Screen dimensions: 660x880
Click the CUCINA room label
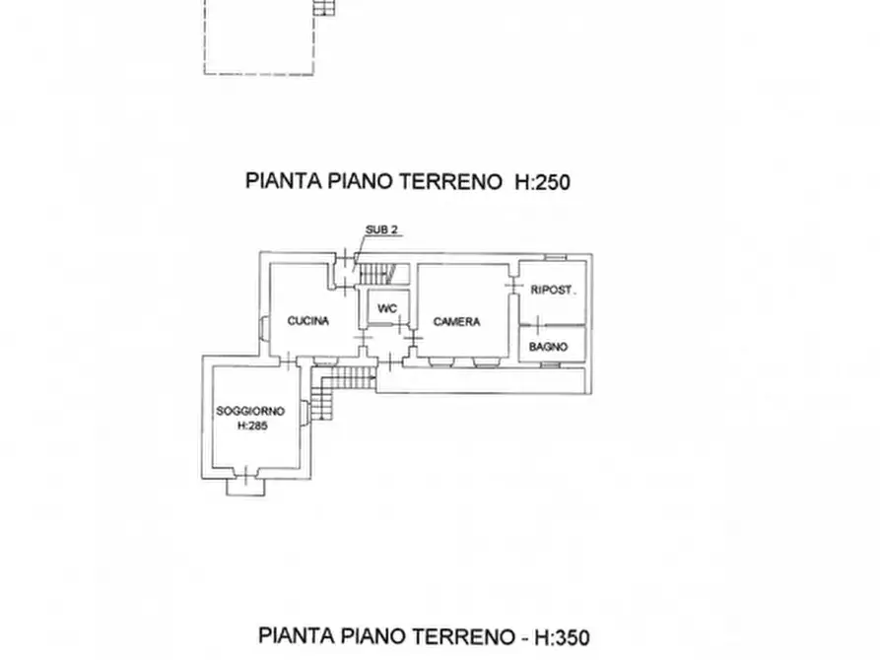pos(307,321)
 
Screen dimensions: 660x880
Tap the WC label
pos(388,309)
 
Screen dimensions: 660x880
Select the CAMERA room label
pos(456,321)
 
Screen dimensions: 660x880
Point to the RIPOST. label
pos(552,291)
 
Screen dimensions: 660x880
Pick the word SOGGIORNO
pos(250,411)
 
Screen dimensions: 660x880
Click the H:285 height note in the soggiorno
pos(253,426)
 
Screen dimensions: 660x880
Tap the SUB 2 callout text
pos(381,231)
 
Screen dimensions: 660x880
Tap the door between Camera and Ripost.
pos(513,286)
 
